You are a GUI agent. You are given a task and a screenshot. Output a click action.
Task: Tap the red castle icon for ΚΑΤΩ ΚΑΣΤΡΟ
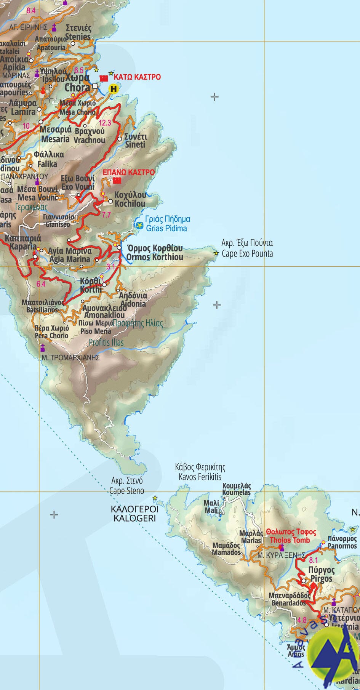(x=103, y=78)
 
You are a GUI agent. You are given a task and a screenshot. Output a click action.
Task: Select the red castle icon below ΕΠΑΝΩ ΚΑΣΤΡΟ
(x=117, y=181)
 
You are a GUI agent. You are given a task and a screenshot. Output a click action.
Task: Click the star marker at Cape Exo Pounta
(x=216, y=253)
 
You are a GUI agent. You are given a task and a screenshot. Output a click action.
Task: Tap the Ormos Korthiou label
(x=154, y=253)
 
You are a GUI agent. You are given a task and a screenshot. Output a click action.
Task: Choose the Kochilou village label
(x=130, y=199)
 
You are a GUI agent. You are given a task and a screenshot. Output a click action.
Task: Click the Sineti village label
(x=136, y=141)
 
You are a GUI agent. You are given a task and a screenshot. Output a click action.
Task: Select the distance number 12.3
(x=104, y=123)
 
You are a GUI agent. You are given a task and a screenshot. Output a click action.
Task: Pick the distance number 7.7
(x=106, y=215)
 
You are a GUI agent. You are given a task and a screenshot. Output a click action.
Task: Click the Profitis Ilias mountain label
(x=106, y=342)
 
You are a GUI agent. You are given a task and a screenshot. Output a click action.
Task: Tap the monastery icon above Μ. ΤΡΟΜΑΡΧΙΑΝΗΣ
(x=43, y=347)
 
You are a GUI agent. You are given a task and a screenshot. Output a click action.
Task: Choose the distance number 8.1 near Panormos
(x=313, y=560)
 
